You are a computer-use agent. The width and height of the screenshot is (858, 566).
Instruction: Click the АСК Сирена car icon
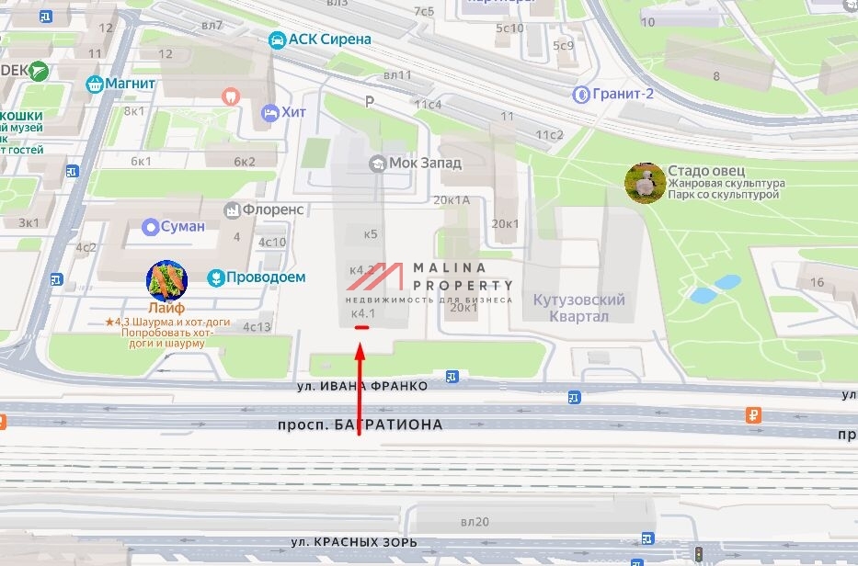coord(276,40)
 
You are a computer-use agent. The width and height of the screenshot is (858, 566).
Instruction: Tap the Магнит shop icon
coord(93,85)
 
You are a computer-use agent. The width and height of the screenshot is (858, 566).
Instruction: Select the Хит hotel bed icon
coord(269,112)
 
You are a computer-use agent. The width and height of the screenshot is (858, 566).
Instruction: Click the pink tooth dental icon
coord(231,95)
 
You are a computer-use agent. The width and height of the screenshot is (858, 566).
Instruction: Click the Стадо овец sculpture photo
coord(645,183)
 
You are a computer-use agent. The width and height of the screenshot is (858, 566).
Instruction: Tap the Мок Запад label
coord(425,163)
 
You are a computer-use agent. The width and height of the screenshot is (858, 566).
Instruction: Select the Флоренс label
coord(273,209)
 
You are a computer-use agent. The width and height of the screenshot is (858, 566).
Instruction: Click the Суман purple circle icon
coord(151,226)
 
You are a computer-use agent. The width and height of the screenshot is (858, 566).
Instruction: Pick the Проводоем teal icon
coord(215,277)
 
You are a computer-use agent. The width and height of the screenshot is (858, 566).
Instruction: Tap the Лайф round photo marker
coord(166,281)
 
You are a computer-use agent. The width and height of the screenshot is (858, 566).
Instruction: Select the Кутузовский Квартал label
coord(578,308)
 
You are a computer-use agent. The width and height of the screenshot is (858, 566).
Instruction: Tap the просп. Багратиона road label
coord(360,424)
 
